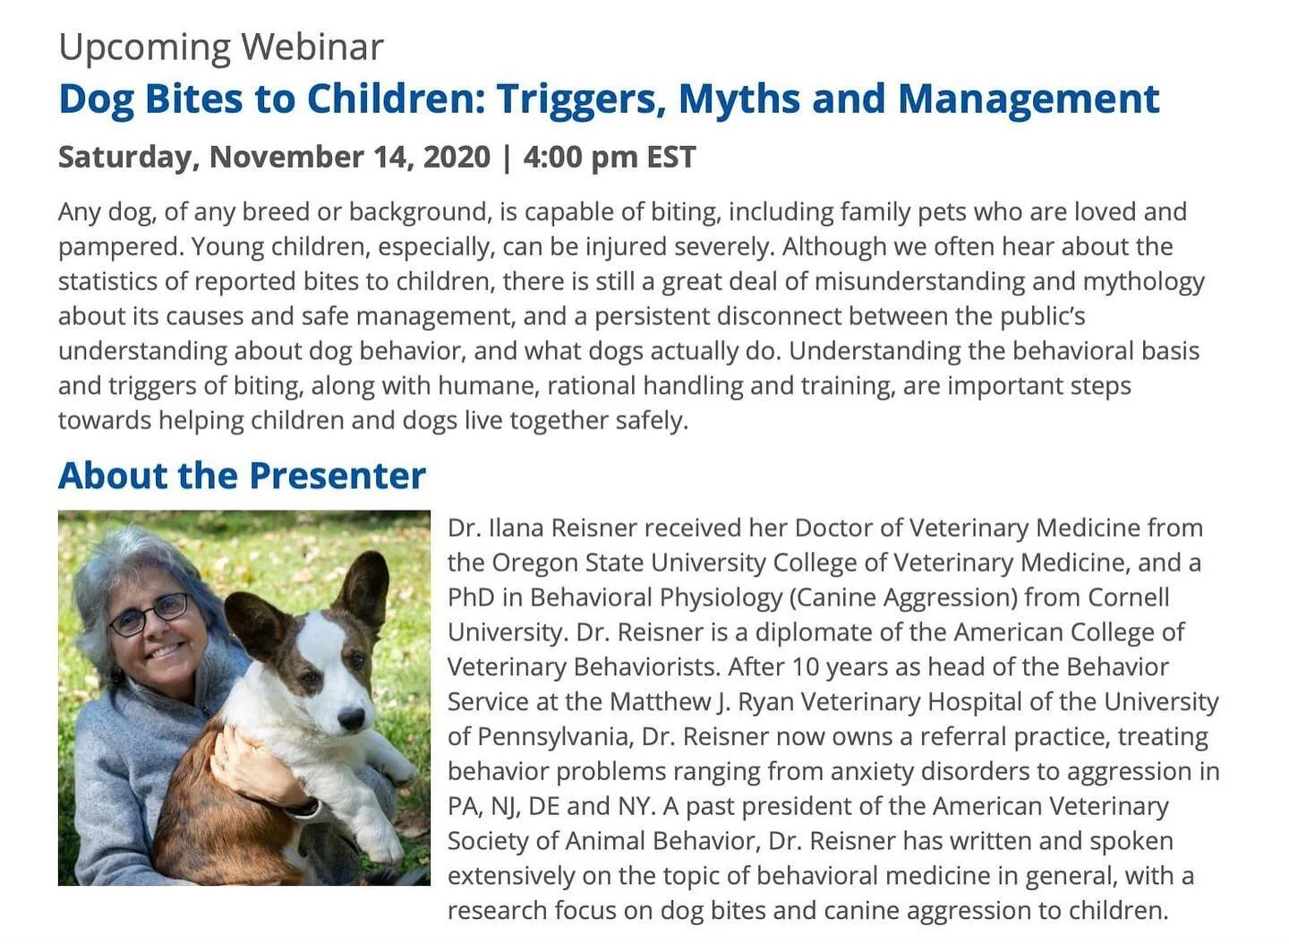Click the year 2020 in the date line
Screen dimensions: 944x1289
(457, 157)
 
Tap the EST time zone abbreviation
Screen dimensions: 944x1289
(671, 157)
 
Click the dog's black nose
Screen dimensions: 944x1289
(351, 717)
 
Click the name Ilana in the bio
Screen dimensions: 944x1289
(516, 528)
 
